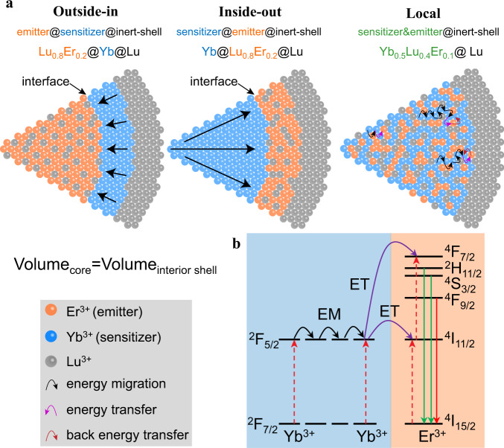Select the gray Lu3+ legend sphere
click(x=49, y=362)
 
